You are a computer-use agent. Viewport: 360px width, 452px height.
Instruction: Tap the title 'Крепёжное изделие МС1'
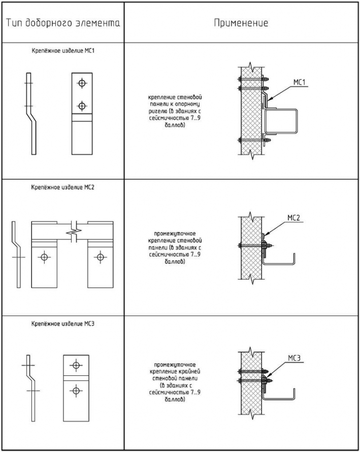click(62, 51)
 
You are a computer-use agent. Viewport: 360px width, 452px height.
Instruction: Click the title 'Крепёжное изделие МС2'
click(62, 187)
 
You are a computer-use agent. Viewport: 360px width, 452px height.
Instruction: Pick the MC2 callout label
click(294, 219)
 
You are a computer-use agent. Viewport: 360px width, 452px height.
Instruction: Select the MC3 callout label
click(294, 359)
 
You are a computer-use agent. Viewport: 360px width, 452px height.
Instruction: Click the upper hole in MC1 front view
click(81, 82)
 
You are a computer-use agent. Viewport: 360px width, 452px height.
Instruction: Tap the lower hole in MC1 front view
click(81, 106)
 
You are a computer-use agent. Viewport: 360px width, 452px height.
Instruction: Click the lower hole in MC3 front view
click(76, 390)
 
